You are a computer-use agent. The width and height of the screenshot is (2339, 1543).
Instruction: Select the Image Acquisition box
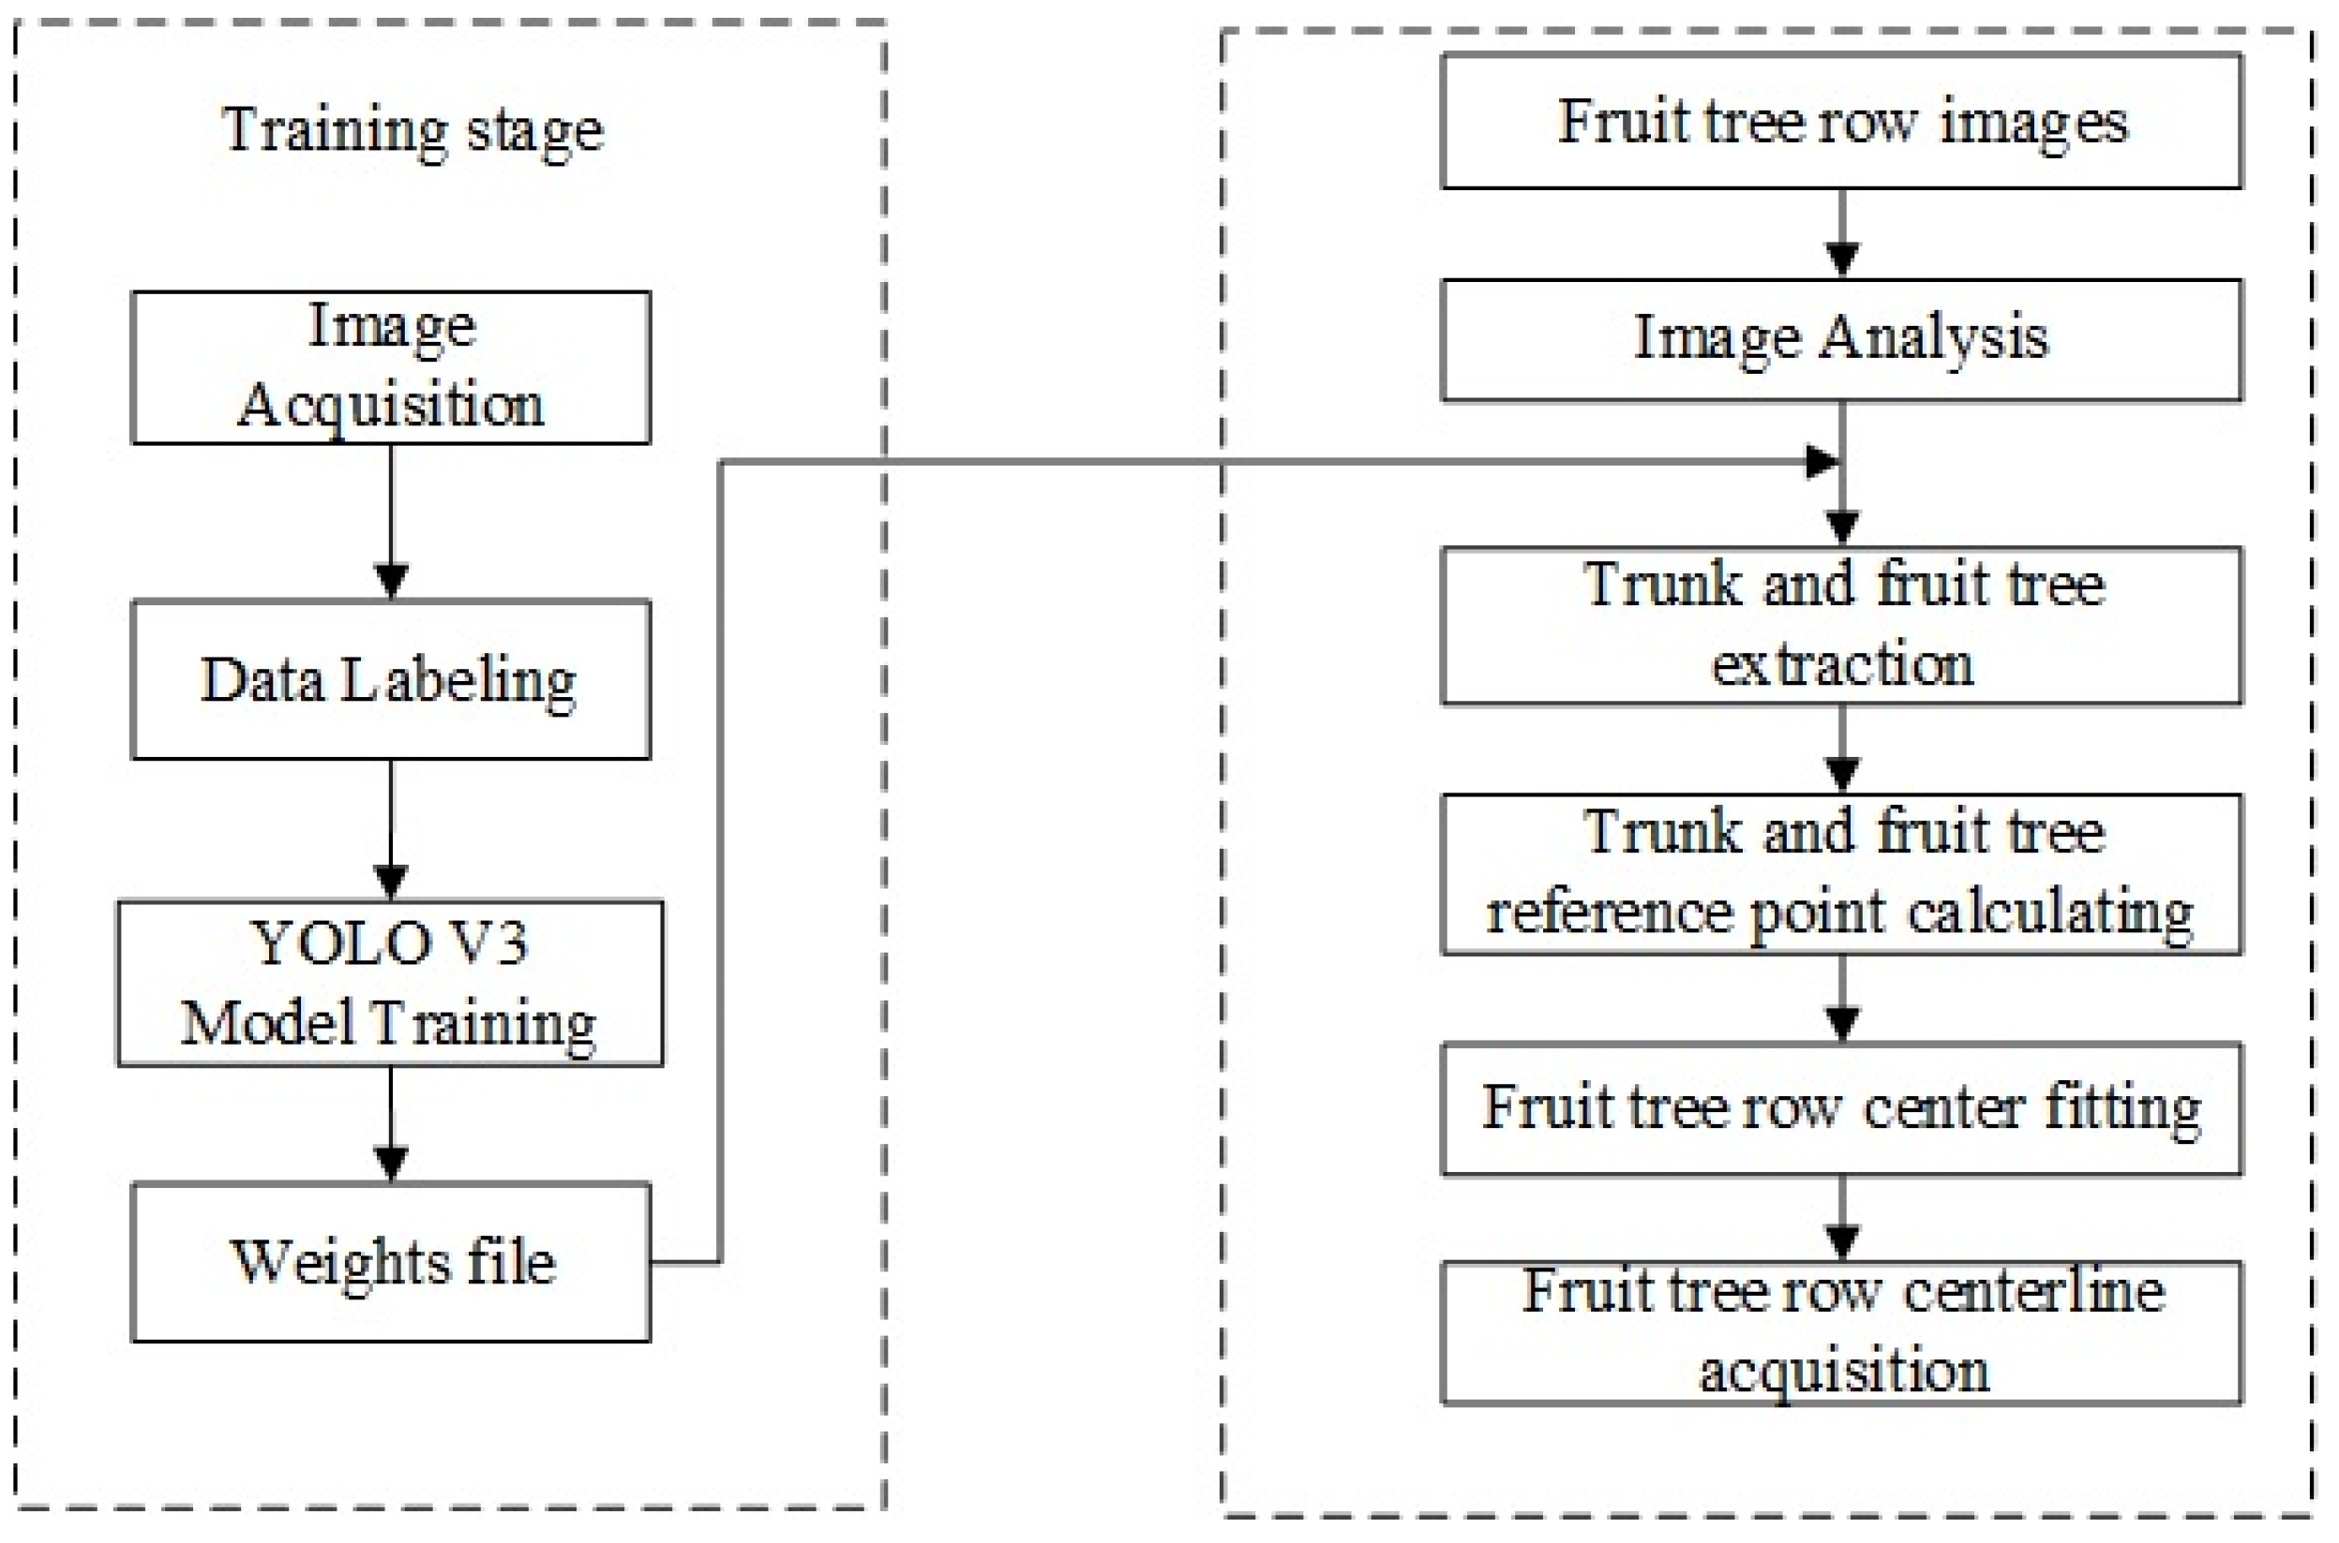pos(391,367)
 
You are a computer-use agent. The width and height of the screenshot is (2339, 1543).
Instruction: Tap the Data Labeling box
pos(391,680)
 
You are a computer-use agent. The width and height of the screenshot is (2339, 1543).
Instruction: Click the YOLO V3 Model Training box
pos(391,983)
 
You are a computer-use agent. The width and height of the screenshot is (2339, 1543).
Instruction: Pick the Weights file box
pos(391,1262)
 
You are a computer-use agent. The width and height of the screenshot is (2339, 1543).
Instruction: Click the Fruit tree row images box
pos(1841,122)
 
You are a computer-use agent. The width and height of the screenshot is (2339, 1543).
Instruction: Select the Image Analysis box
pos(1841,340)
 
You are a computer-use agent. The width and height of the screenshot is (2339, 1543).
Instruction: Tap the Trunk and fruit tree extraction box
pos(1841,626)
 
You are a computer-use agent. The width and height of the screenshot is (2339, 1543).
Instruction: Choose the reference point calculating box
pos(1841,874)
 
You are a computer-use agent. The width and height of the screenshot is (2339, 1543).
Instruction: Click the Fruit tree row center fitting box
pos(1841,1109)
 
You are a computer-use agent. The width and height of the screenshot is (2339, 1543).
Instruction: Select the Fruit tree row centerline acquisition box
pos(1841,1332)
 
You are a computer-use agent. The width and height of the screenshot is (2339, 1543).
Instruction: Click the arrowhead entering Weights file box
pos(392,1164)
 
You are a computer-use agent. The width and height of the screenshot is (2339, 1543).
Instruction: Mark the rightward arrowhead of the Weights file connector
pos(1822,462)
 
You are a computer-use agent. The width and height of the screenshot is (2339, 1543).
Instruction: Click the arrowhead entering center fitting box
pos(1842,1024)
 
